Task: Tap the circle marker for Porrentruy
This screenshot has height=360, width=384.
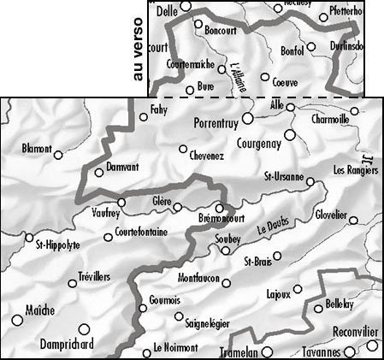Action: click(248, 118)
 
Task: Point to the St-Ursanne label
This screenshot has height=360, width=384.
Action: click(284, 177)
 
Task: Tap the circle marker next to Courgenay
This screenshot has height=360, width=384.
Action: click(289, 134)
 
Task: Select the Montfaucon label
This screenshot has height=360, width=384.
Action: click(199, 280)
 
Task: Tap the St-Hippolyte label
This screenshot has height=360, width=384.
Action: click(56, 245)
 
